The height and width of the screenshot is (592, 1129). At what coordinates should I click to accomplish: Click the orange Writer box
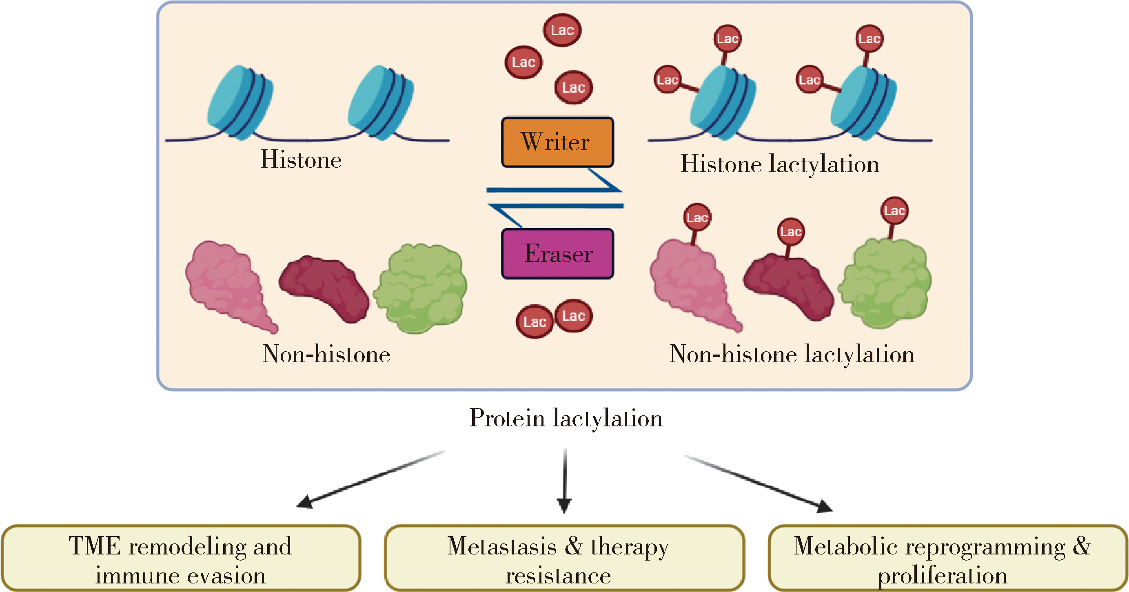pyautogui.click(x=557, y=142)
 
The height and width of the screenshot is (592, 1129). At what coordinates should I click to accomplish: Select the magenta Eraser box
pyautogui.click(x=557, y=254)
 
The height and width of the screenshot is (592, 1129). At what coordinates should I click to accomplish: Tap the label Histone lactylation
pyautogui.click(x=779, y=165)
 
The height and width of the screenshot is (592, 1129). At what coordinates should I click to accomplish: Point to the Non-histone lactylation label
pyautogui.click(x=792, y=354)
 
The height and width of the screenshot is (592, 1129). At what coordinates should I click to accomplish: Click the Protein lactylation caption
pyautogui.click(x=566, y=418)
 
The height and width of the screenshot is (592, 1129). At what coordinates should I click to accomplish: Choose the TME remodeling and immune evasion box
pyautogui.click(x=181, y=558)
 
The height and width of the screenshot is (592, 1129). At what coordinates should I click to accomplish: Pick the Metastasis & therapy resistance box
pyautogui.click(x=564, y=558)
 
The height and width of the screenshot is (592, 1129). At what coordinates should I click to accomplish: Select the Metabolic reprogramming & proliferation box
pyautogui.click(x=947, y=558)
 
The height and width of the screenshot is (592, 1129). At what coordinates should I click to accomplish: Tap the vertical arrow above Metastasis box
pyautogui.click(x=565, y=480)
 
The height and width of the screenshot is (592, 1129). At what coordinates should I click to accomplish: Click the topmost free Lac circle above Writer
pyautogui.click(x=562, y=30)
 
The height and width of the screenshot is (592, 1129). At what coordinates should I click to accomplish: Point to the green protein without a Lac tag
pyautogui.click(x=421, y=288)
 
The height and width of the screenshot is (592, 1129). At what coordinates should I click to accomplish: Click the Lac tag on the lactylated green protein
pyautogui.click(x=894, y=211)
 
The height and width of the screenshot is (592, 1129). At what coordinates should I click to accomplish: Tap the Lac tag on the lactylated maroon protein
pyautogui.click(x=791, y=232)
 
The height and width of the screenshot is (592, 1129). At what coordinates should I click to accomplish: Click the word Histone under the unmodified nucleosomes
pyautogui.click(x=301, y=160)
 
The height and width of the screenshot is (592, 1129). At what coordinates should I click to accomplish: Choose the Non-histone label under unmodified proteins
pyautogui.click(x=326, y=354)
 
